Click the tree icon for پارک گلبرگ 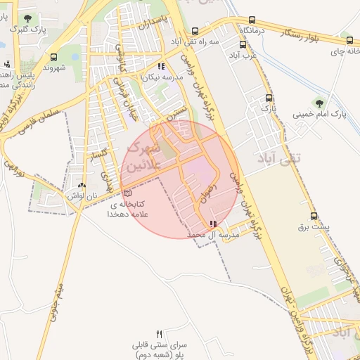point(27,18)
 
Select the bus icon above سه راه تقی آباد point(195,31)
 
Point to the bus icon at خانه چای point(349,40)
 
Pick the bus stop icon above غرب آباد point(243,44)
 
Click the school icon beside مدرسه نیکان point(161,67)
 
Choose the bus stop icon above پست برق point(314,217)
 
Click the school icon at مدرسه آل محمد point(213,224)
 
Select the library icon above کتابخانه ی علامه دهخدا point(127,193)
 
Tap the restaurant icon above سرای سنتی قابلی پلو point(159,335)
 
